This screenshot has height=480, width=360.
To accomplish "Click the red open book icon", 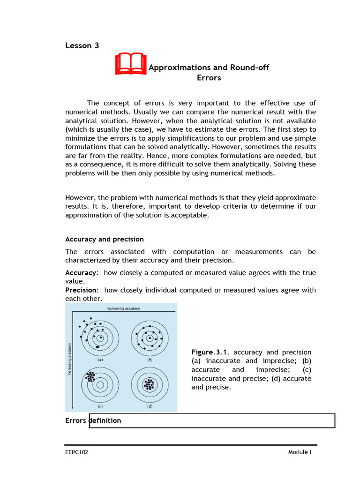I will pyautogui.click(x=131, y=65).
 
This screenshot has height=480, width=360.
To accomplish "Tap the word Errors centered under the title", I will pyautogui.click(x=209, y=78).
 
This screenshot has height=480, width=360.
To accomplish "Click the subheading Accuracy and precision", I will pyautogui.click(x=104, y=240).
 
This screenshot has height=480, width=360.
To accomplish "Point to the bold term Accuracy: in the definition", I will pyautogui.click(x=82, y=272).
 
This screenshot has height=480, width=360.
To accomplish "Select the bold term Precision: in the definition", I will pyautogui.click(x=82, y=290).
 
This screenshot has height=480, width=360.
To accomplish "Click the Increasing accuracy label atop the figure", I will pyautogui.click(x=123, y=308).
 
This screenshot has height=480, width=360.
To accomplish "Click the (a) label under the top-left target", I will pyautogui.click(x=100, y=360).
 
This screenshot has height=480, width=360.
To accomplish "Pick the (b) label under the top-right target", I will pyautogui.click(x=150, y=360).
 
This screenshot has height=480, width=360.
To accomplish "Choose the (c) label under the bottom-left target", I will pyautogui.click(x=100, y=406).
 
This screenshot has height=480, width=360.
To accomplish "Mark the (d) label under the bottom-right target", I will pyautogui.click(x=150, y=406).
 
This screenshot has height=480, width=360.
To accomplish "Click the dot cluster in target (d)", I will pyautogui.click(x=150, y=384).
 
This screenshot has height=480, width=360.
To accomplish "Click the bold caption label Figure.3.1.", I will pyautogui.click(x=211, y=352).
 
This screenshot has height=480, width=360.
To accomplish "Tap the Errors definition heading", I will pyautogui.click(x=93, y=420).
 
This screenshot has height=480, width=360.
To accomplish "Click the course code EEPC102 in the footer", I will pyautogui.click(x=76, y=452).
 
